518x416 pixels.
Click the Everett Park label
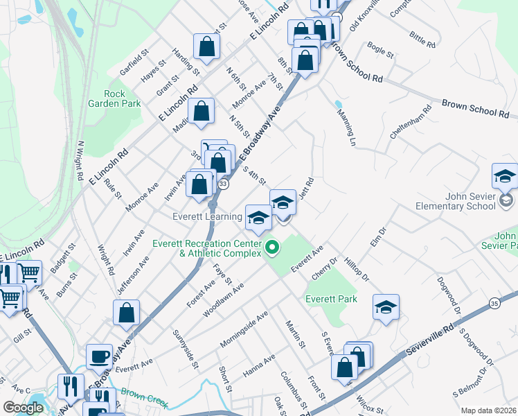point(331,299)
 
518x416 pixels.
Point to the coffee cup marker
point(99,356)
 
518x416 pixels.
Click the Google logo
point(23,408)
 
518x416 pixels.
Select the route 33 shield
point(223,184)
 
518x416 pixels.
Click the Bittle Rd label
point(422,40)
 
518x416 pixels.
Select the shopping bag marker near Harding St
point(206,46)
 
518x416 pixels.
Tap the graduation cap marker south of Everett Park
point(386,307)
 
